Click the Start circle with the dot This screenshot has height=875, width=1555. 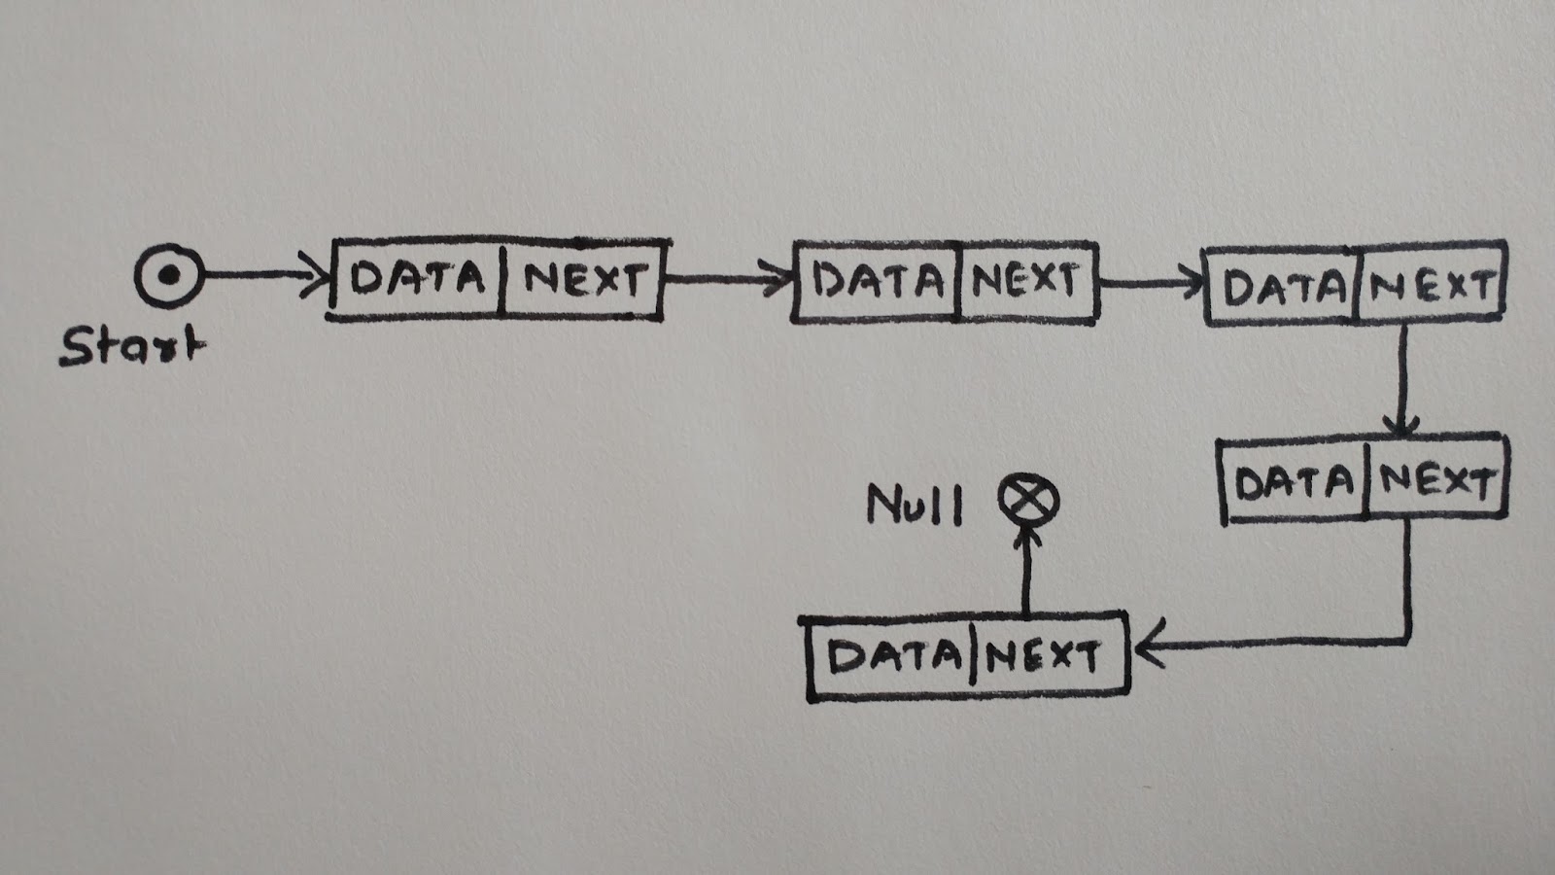click(169, 276)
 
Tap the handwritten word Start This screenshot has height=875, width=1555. click(132, 346)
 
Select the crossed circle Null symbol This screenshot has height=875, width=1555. click(1028, 502)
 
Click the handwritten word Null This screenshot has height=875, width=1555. click(914, 506)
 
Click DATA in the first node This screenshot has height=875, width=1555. click(418, 279)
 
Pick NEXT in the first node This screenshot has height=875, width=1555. click(583, 280)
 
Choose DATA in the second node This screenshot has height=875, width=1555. click(878, 282)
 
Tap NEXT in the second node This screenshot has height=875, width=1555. click(1025, 282)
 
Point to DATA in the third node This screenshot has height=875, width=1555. click(1283, 288)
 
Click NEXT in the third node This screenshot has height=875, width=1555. click(1430, 287)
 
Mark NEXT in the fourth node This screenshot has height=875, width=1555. click(1436, 481)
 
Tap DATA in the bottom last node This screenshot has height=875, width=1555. click(893, 656)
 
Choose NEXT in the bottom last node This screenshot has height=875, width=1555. click(1041, 657)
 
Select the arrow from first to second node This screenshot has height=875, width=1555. click(729, 281)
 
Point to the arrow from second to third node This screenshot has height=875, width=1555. click(1152, 285)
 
